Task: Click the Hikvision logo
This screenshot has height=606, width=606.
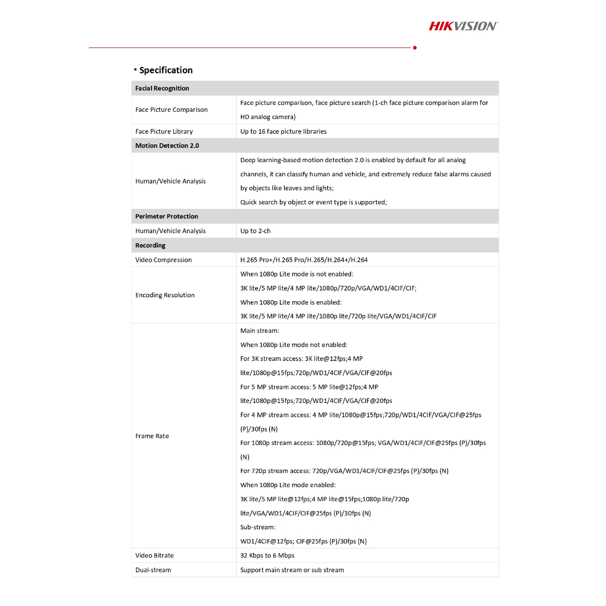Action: coord(463,25)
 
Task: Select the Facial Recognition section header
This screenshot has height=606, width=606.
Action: coord(162,88)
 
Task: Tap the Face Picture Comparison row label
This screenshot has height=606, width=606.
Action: coord(172,109)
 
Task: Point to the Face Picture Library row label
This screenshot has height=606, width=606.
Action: coord(164,131)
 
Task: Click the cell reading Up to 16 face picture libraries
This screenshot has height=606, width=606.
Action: coord(283,131)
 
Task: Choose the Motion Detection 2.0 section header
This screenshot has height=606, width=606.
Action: coord(167,146)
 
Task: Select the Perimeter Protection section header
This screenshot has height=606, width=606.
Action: coord(167,217)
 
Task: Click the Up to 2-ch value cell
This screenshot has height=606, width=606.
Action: coord(256,231)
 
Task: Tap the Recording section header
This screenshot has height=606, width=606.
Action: coord(150,246)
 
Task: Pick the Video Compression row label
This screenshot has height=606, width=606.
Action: coord(163,260)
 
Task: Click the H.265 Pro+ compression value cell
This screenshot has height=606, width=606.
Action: coord(304,260)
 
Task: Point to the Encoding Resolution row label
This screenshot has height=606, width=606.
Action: coord(165,295)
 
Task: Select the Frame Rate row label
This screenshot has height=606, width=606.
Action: coord(152,436)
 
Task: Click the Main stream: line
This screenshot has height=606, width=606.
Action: coord(260,331)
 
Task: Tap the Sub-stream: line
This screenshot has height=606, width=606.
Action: coord(258,527)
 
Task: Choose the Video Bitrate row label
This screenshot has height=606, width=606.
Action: coord(154,556)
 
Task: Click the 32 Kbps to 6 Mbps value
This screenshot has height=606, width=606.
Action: coord(267,556)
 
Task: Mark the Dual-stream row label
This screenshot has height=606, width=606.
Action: coord(153,570)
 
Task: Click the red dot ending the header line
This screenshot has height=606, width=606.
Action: coord(415,47)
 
